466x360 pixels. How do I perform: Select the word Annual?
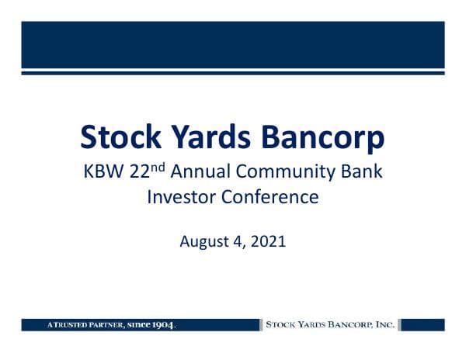(203, 171)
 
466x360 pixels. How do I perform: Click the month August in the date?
(203, 241)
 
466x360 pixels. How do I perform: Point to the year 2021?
(269, 241)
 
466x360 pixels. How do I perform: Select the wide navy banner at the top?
(233, 44)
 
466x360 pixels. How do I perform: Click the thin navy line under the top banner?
(233, 73)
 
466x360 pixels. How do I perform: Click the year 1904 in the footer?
(162, 324)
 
